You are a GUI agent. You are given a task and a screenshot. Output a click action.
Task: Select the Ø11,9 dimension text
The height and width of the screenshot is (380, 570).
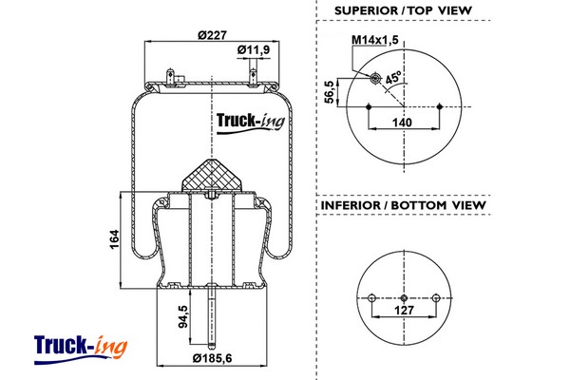(x=254, y=49)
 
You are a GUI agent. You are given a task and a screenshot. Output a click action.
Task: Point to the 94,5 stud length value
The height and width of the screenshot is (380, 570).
(x=181, y=317)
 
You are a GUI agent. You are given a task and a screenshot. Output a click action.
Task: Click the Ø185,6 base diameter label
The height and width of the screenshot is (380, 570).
(x=213, y=359)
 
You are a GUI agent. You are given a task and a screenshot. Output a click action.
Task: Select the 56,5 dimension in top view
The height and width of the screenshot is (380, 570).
(x=330, y=93)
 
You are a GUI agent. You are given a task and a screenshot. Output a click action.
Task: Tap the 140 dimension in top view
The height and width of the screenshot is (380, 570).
(x=404, y=123)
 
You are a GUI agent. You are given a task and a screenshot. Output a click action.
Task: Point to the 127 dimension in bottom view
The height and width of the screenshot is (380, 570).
(x=404, y=309)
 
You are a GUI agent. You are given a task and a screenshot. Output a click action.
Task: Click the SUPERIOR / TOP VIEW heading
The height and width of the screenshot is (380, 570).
(x=404, y=10)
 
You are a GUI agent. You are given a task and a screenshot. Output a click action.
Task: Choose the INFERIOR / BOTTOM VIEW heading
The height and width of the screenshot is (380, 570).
(x=404, y=205)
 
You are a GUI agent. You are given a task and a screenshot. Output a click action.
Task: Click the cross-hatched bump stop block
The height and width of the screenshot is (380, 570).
(x=211, y=175)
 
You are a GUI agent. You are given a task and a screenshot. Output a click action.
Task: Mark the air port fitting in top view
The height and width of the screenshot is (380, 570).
(x=373, y=77)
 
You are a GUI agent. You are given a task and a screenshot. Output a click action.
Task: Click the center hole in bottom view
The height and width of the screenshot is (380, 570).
(x=404, y=294)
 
